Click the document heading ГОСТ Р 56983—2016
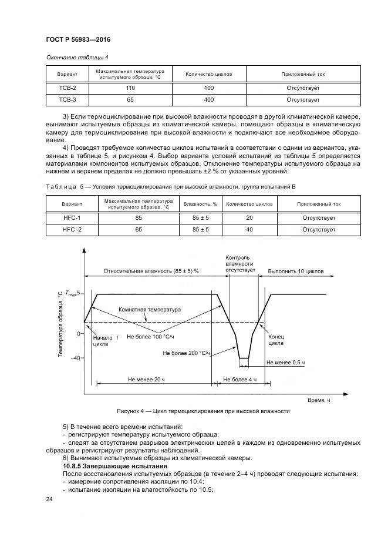(x=78, y=39)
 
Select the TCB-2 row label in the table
(x=63, y=87)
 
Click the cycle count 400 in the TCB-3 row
(x=208, y=100)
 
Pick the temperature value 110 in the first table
(x=130, y=87)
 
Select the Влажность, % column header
(x=200, y=204)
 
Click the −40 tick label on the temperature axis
(x=75, y=358)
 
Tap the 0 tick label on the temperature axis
(x=79, y=333)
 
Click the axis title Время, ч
(x=319, y=400)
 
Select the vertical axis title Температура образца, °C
(x=60, y=324)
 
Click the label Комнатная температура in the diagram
(x=150, y=309)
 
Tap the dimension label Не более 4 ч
(x=240, y=380)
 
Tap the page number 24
(x=49, y=499)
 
